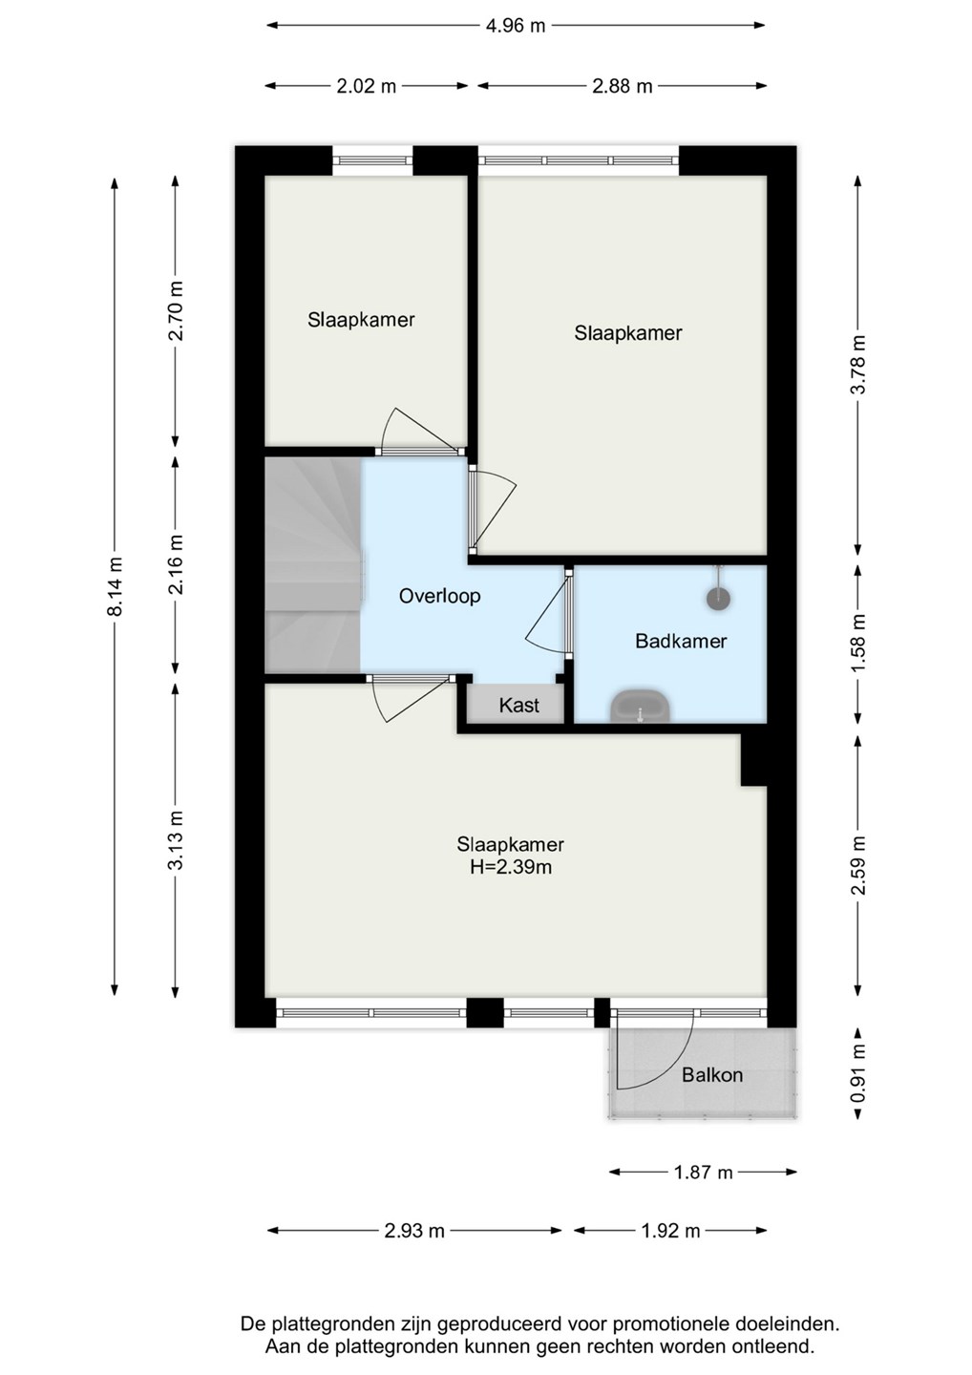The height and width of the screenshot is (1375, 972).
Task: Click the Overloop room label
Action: click(x=439, y=596)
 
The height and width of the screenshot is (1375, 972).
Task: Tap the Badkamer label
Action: click(x=681, y=641)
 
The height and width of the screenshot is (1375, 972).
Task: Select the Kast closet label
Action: click(x=519, y=706)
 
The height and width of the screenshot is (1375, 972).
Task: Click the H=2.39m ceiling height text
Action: click(x=511, y=867)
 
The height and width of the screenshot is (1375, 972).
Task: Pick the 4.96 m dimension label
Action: click(x=516, y=26)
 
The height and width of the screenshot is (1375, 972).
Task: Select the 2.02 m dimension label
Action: click(x=367, y=87)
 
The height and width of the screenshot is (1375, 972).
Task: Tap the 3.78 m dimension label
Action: click(x=858, y=365)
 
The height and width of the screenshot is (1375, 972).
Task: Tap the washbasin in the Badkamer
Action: click(x=640, y=706)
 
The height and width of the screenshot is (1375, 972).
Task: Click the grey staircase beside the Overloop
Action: click(x=313, y=564)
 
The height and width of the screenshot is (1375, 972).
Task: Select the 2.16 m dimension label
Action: click(x=177, y=564)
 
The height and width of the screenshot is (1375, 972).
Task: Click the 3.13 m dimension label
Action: click(x=177, y=840)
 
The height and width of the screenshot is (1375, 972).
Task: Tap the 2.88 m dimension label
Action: click(x=622, y=87)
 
